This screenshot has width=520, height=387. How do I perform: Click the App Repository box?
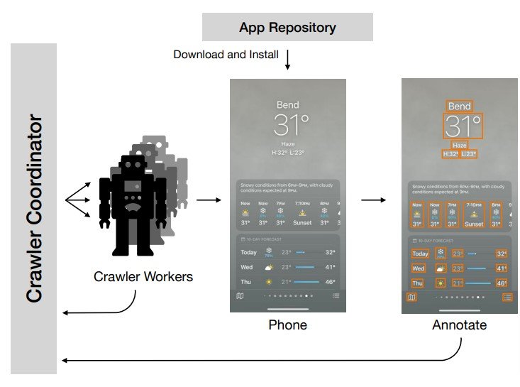tap(287, 28)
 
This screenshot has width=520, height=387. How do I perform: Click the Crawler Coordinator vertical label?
tap(34, 209)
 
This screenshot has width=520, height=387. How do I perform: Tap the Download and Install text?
tap(226, 54)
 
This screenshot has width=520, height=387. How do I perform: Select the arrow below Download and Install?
tap(287, 60)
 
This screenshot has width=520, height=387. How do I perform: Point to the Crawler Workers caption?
tap(143, 276)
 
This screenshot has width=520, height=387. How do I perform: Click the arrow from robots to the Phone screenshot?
tap(207, 200)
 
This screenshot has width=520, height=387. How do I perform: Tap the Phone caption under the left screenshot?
tap(287, 325)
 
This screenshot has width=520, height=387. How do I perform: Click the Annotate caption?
tap(459, 325)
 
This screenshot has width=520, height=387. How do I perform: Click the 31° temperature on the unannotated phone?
tap(291, 126)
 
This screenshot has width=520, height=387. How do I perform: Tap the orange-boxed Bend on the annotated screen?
tap(459, 107)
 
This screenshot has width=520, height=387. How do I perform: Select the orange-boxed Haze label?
tap(459, 144)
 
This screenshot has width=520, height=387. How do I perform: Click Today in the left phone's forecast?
tap(248, 252)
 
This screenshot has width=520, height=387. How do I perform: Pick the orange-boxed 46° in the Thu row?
tap(502, 283)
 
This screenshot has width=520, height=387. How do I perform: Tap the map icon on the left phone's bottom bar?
tap(240, 296)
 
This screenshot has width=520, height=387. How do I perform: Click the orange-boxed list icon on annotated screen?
tap(507, 297)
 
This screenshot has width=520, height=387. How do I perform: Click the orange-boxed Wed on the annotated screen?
tap(419, 268)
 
